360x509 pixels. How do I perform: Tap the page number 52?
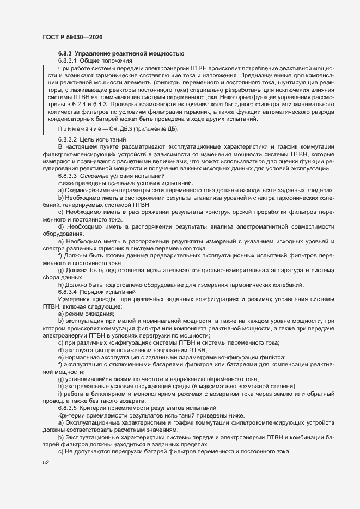coord(46,463)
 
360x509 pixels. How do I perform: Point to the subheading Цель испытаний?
coord(103,155)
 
